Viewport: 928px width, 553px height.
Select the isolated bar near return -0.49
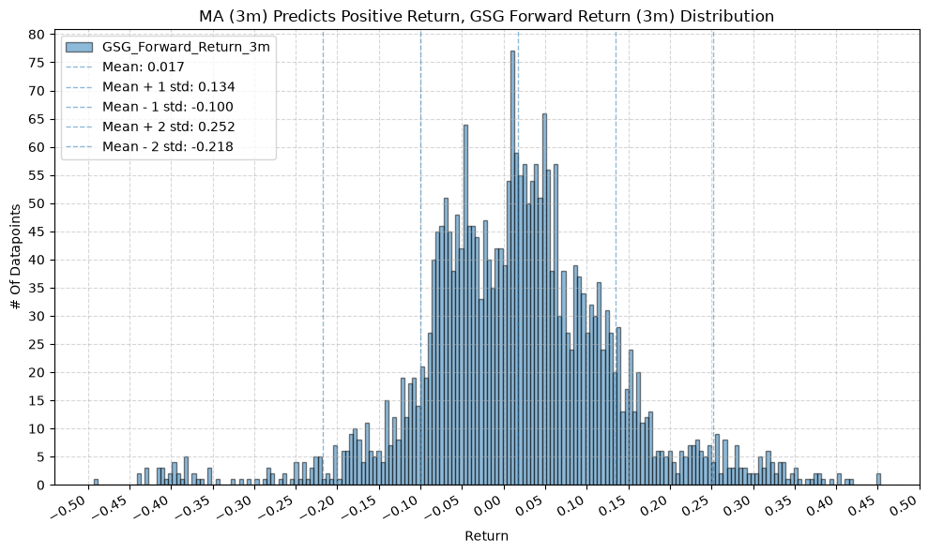pyautogui.click(x=96, y=482)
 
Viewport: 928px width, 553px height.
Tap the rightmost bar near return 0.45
pyautogui.click(x=878, y=479)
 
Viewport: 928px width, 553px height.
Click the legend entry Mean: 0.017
pyautogui.click(x=144, y=67)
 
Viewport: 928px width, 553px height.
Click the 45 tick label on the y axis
pyautogui.click(x=37, y=232)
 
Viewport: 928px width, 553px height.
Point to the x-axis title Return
pyautogui.click(x=486, y=536)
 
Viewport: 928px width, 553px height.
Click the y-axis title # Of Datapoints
pyautogui.click(x=16, y=257)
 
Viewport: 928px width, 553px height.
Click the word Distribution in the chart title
pyautogui.click(x=727, y=16)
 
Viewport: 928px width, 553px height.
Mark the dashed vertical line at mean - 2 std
pyautogui.click(x=323, y=259)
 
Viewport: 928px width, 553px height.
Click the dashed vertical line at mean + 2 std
pyautogui.click(x=713, y=259)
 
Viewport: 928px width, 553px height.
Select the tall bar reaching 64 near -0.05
pyautogui.click(x=465, y=305)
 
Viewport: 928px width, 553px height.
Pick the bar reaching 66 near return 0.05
pyautogui.click(x=544, y=299)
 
